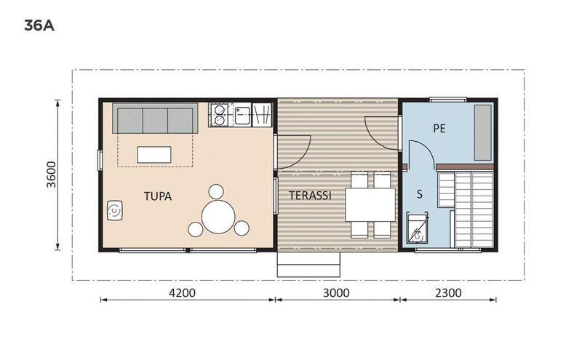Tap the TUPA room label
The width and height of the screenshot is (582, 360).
click(x=158, y=196)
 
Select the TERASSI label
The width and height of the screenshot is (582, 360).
click(x=311, y=196)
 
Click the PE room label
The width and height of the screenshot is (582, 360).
click(x=439, y=128)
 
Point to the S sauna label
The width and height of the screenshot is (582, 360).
click(x=419, y=194)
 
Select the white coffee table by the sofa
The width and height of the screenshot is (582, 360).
click(x=154, y=154)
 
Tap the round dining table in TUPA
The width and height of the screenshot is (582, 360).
click(x=218, y=217)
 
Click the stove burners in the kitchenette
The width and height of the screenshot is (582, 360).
click(x=220, y=114)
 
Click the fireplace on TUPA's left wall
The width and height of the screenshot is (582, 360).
click(x=115, y=211)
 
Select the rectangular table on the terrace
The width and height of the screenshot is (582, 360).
click(x=370, y=204)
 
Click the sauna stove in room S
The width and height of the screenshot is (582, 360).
click(x=417, y=228)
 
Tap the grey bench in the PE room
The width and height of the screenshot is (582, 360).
click(x=482, y=132)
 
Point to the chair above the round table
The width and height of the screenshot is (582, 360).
click(x=216, y=193)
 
